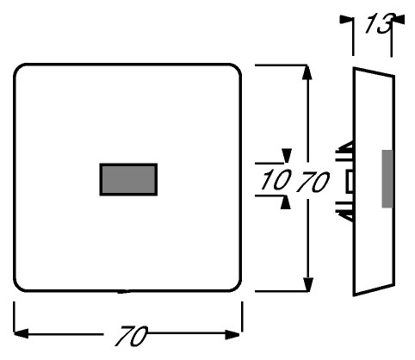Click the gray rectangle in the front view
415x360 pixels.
(x=128, y=179)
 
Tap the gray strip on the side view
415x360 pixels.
(x=387, y=178)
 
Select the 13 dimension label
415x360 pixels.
(x=379, y=23)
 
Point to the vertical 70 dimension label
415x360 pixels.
(x=313, y=182)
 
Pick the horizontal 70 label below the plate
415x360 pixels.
(x=132, y=336)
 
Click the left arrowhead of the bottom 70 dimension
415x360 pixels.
(x=21, y=334)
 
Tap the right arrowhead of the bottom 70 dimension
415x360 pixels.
(x=232, y=334)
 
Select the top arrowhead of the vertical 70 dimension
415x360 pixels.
(x=308, y=72)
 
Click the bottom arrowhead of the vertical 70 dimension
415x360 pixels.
(x=308, y=284)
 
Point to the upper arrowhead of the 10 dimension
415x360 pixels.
(x=286, y=156)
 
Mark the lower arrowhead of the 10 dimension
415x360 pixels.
(x=286, y=202)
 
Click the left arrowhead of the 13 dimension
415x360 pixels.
(x=346, y=20)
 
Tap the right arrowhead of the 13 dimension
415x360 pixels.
(x=398, y=19)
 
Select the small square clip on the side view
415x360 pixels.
(x=350, y=181)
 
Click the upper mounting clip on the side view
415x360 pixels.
(x=345, y=148)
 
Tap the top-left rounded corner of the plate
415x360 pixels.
(x=18, y=68)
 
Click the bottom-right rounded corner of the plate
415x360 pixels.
(x=237, y=288)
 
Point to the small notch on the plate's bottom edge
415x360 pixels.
(x=123, y=292)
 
